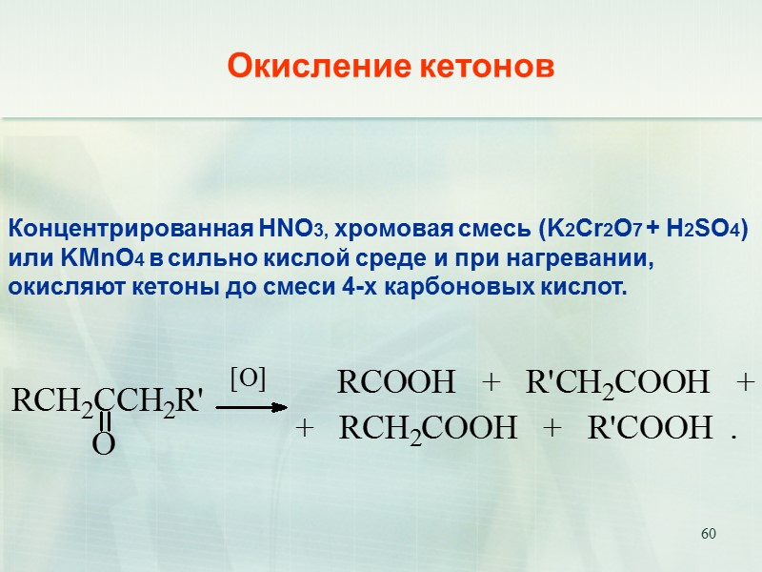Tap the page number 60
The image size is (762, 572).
[708, 532]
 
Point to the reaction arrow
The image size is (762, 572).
[251, 406]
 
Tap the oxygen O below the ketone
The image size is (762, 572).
[104, 444]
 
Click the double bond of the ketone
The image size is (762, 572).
[105, 422]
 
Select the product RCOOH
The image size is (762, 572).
[397, 383]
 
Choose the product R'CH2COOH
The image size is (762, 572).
[617, 383]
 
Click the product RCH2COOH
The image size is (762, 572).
[428, 429]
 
